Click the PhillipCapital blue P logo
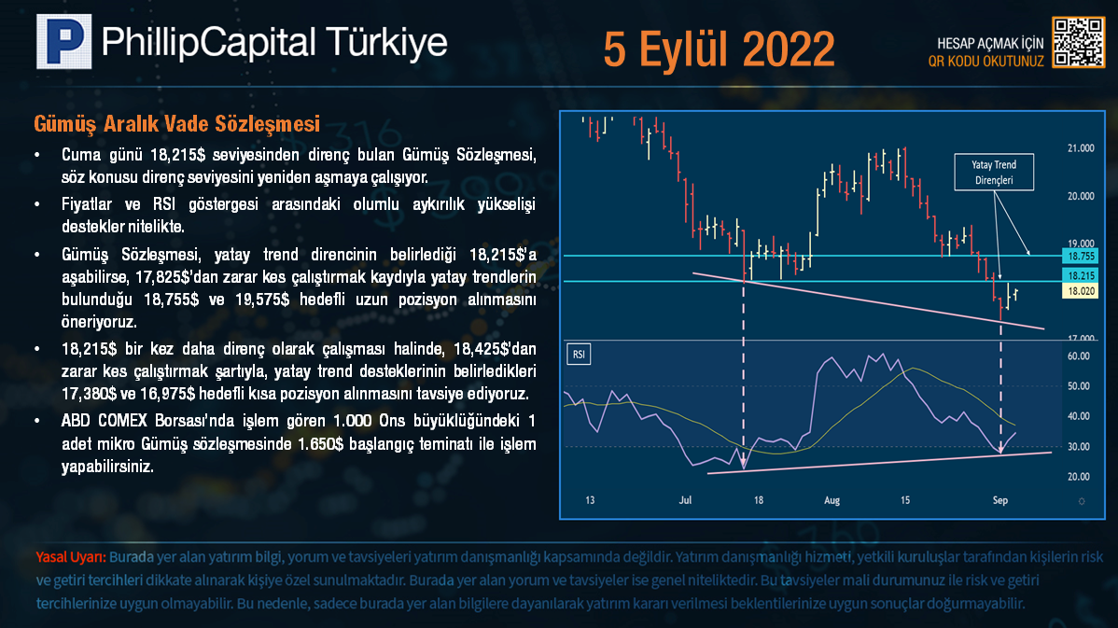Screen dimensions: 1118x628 coord(64,41)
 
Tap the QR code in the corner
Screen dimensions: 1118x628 coord(1078,43)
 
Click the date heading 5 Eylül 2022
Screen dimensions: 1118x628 coord(719,49)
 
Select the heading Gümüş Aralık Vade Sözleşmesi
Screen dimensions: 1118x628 coord(176,124)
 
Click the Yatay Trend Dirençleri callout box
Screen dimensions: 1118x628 coord(994,173)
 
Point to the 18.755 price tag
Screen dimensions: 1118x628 coord(1081,256)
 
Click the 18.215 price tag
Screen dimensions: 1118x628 coord(1081,275)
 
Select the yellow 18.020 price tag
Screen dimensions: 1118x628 coord(1081,291)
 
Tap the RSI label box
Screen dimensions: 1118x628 coord(579,355)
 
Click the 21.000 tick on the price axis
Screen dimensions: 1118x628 coord(1081,148)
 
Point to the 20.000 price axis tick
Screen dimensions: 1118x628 coord(1081,196)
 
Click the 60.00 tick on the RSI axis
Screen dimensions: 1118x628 coord(1078,356)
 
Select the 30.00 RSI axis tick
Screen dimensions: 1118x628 coord(1078,447)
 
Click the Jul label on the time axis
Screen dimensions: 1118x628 coord(685,500)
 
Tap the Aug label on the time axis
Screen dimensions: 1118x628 coord(832,500)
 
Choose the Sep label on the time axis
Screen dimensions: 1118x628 coord(1000,500)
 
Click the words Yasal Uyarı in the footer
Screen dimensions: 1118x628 coord(71,557)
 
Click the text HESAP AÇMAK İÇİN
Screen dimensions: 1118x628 coord(989,44)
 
